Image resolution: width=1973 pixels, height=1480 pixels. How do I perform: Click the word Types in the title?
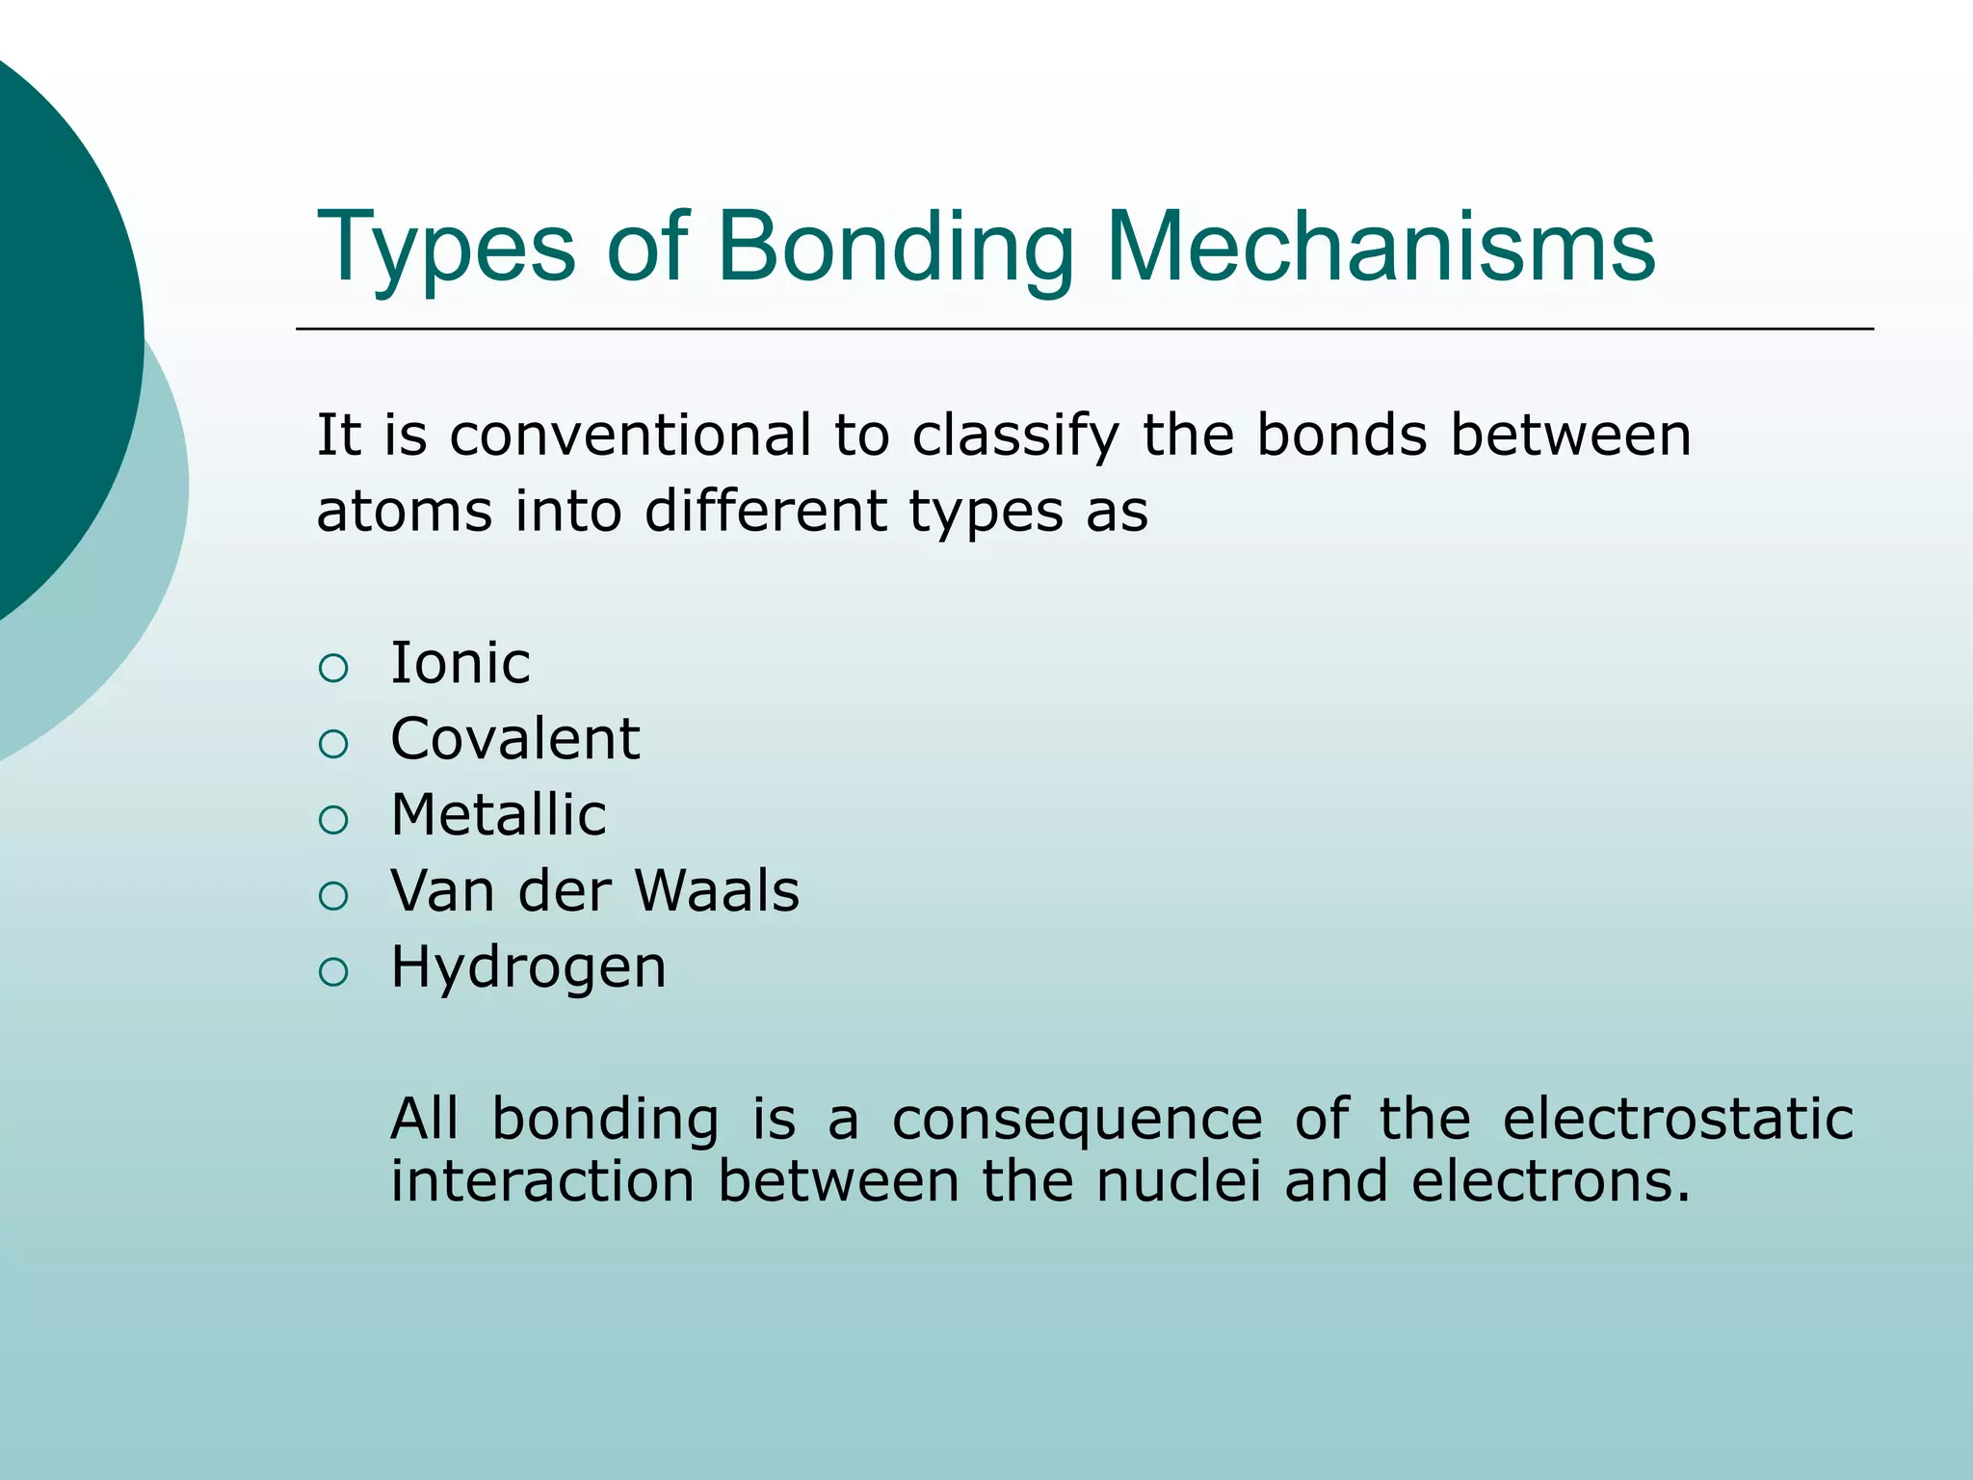pyautogui.click(x=445, y=249)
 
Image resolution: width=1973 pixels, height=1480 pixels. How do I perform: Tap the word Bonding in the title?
pyautogui.click(x=894, y=249)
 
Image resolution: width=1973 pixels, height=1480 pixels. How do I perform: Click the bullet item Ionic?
pyautogui.click(x=460, y=663)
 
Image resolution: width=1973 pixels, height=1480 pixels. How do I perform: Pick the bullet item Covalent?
pyautogui.click(x=514, y=739)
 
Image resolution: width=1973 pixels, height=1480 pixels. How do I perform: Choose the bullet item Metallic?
pyautogui.click(x=498, y=815)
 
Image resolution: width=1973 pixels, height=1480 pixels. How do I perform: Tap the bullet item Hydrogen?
pyautogui.click(x=528, y=967)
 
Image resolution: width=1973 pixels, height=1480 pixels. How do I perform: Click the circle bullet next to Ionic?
pyautogui.click(x=333, y=668)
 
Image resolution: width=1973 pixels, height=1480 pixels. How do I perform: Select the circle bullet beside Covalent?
pyautogui.click(x=333, y=744)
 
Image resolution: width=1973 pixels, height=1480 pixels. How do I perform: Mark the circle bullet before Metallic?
pyautogui.click(x=333, y=820)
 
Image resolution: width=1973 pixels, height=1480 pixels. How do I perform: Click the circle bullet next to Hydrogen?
pyautogui.click(x=333, y=972)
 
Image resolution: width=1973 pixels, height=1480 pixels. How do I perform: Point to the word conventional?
pyautogui.click(x=630, y=435)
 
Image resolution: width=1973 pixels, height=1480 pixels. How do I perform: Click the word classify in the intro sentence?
pyautogui.click(x=1015, y=436)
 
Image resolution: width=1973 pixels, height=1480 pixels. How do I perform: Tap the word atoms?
pyautogui.click(x=404, y=511)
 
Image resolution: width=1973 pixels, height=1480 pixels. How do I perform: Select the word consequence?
pyautogui.click(x=1076, y=1120)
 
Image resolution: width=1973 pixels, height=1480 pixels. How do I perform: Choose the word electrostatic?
pyautogui.click(x=1677, y=1120)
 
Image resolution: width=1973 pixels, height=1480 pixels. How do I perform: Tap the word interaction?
pyautogui.click(x=541, y=1181)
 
